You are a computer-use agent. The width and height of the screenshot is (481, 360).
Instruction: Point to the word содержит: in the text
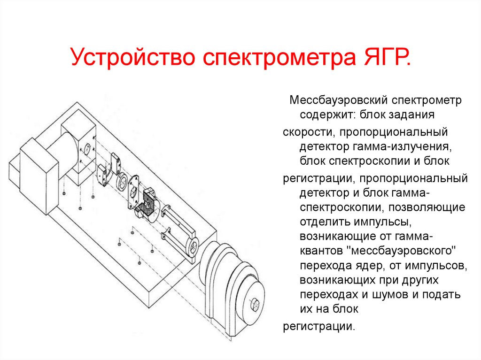[x=327, y=115]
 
